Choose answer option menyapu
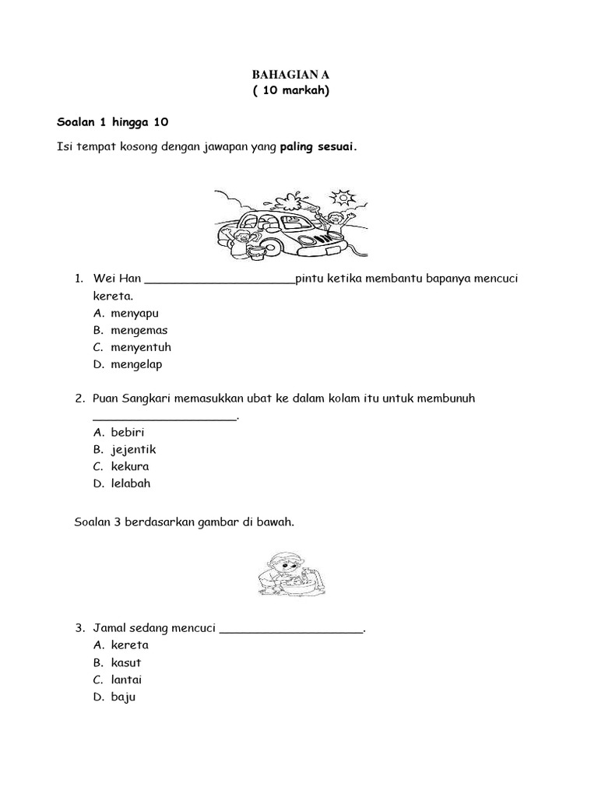135,313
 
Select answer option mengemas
139,330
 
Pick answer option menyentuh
141,347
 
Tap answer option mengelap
136,364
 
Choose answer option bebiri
128,432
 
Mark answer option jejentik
133,449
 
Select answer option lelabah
131,483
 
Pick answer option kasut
126,662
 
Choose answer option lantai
126,679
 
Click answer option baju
123,697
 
